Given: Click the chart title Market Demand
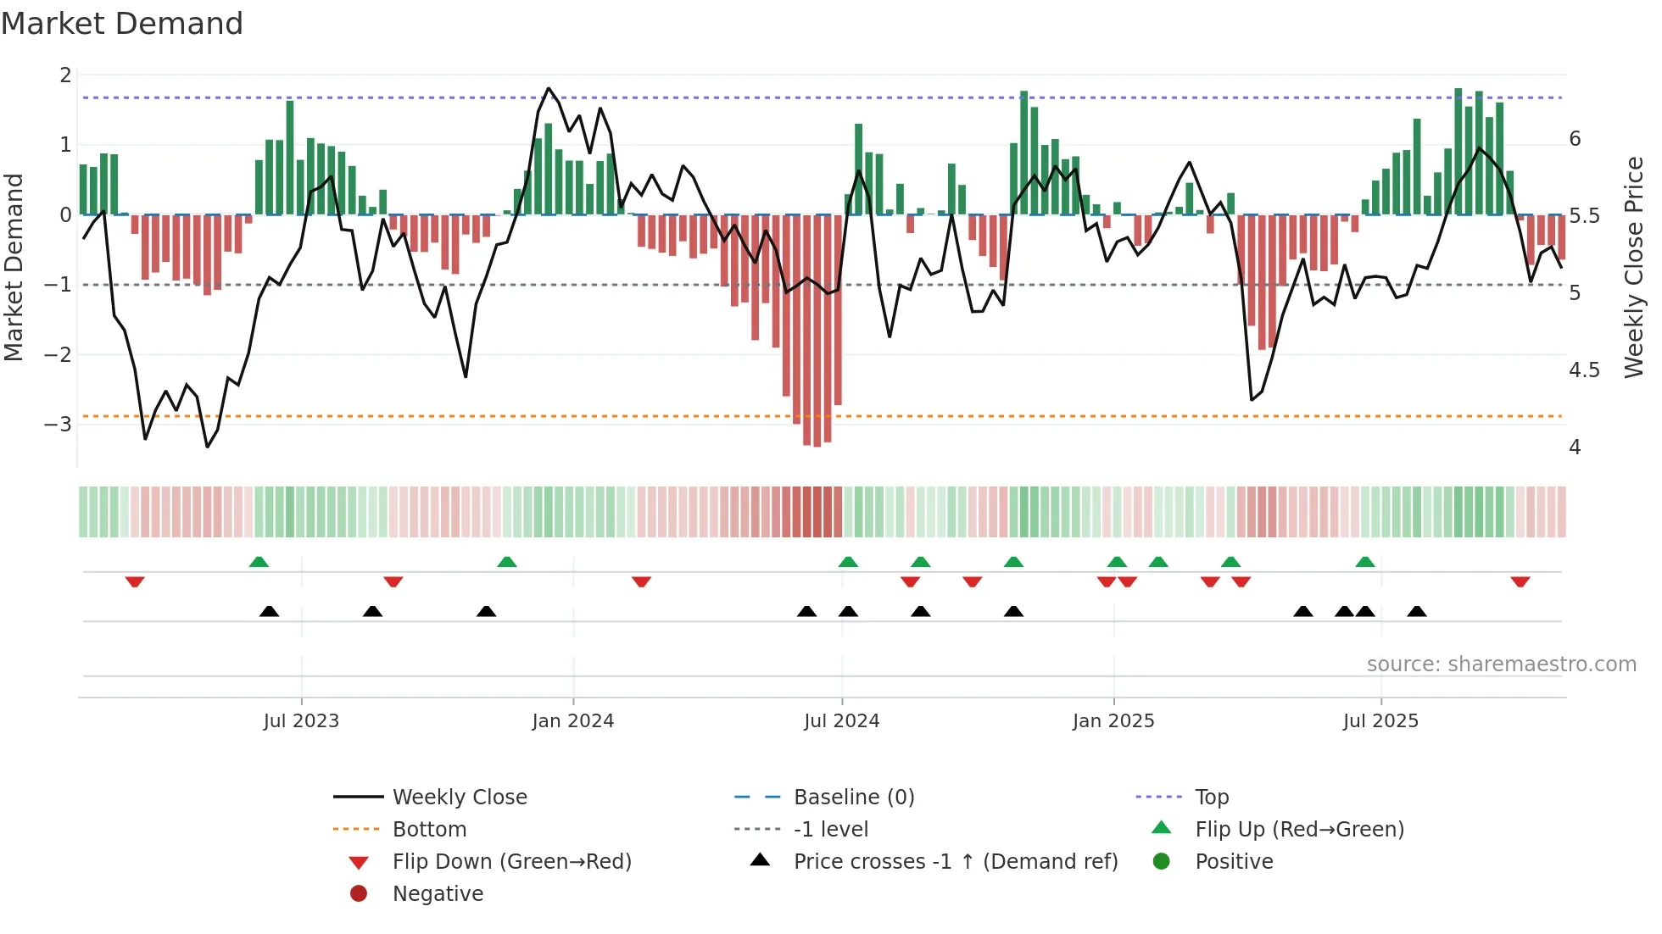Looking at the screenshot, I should pyautogui.click(x=122, y=24).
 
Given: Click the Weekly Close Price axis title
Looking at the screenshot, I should pyautogui.click(x=1634, y=267).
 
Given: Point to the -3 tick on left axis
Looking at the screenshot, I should pyautogui.click(x=58, y=424).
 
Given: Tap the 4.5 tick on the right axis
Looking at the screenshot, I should pyautogui.click(x=1583, y=370).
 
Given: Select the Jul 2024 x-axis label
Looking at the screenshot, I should pyautogui.click(x=841, y=721).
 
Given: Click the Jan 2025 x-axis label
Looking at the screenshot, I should pyautogui.click(x=1113, y=721).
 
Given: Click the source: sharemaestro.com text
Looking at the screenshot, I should pyautogui.click(x=1501, y=664).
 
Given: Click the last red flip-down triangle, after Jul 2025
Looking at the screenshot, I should pyautogui.click(x=1520, y=581).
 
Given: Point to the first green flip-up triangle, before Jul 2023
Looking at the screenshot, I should pyautogui.click(x=259, y=562).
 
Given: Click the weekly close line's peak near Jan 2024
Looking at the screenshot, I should pyautogui.click(x=549, y=88).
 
